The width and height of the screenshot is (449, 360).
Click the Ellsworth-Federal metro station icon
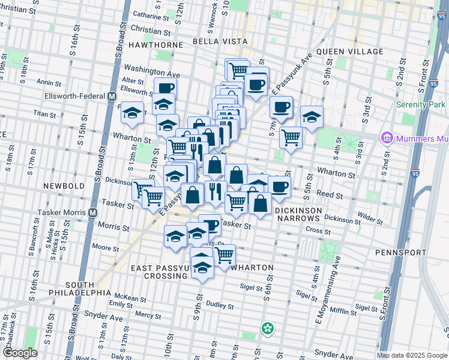click(x=112, y=96)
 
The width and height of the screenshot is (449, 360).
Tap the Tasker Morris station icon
click(x=92, y=212)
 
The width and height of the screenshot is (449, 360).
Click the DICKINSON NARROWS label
click(x=298, y=215)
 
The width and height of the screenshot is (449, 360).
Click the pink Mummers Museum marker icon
click(x=387, y=139)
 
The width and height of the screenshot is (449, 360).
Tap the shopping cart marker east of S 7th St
click(x=291, y=137)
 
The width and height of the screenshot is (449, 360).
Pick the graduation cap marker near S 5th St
click(x=312, y=118)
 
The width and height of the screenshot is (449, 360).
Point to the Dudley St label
click(x=219, y=305)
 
